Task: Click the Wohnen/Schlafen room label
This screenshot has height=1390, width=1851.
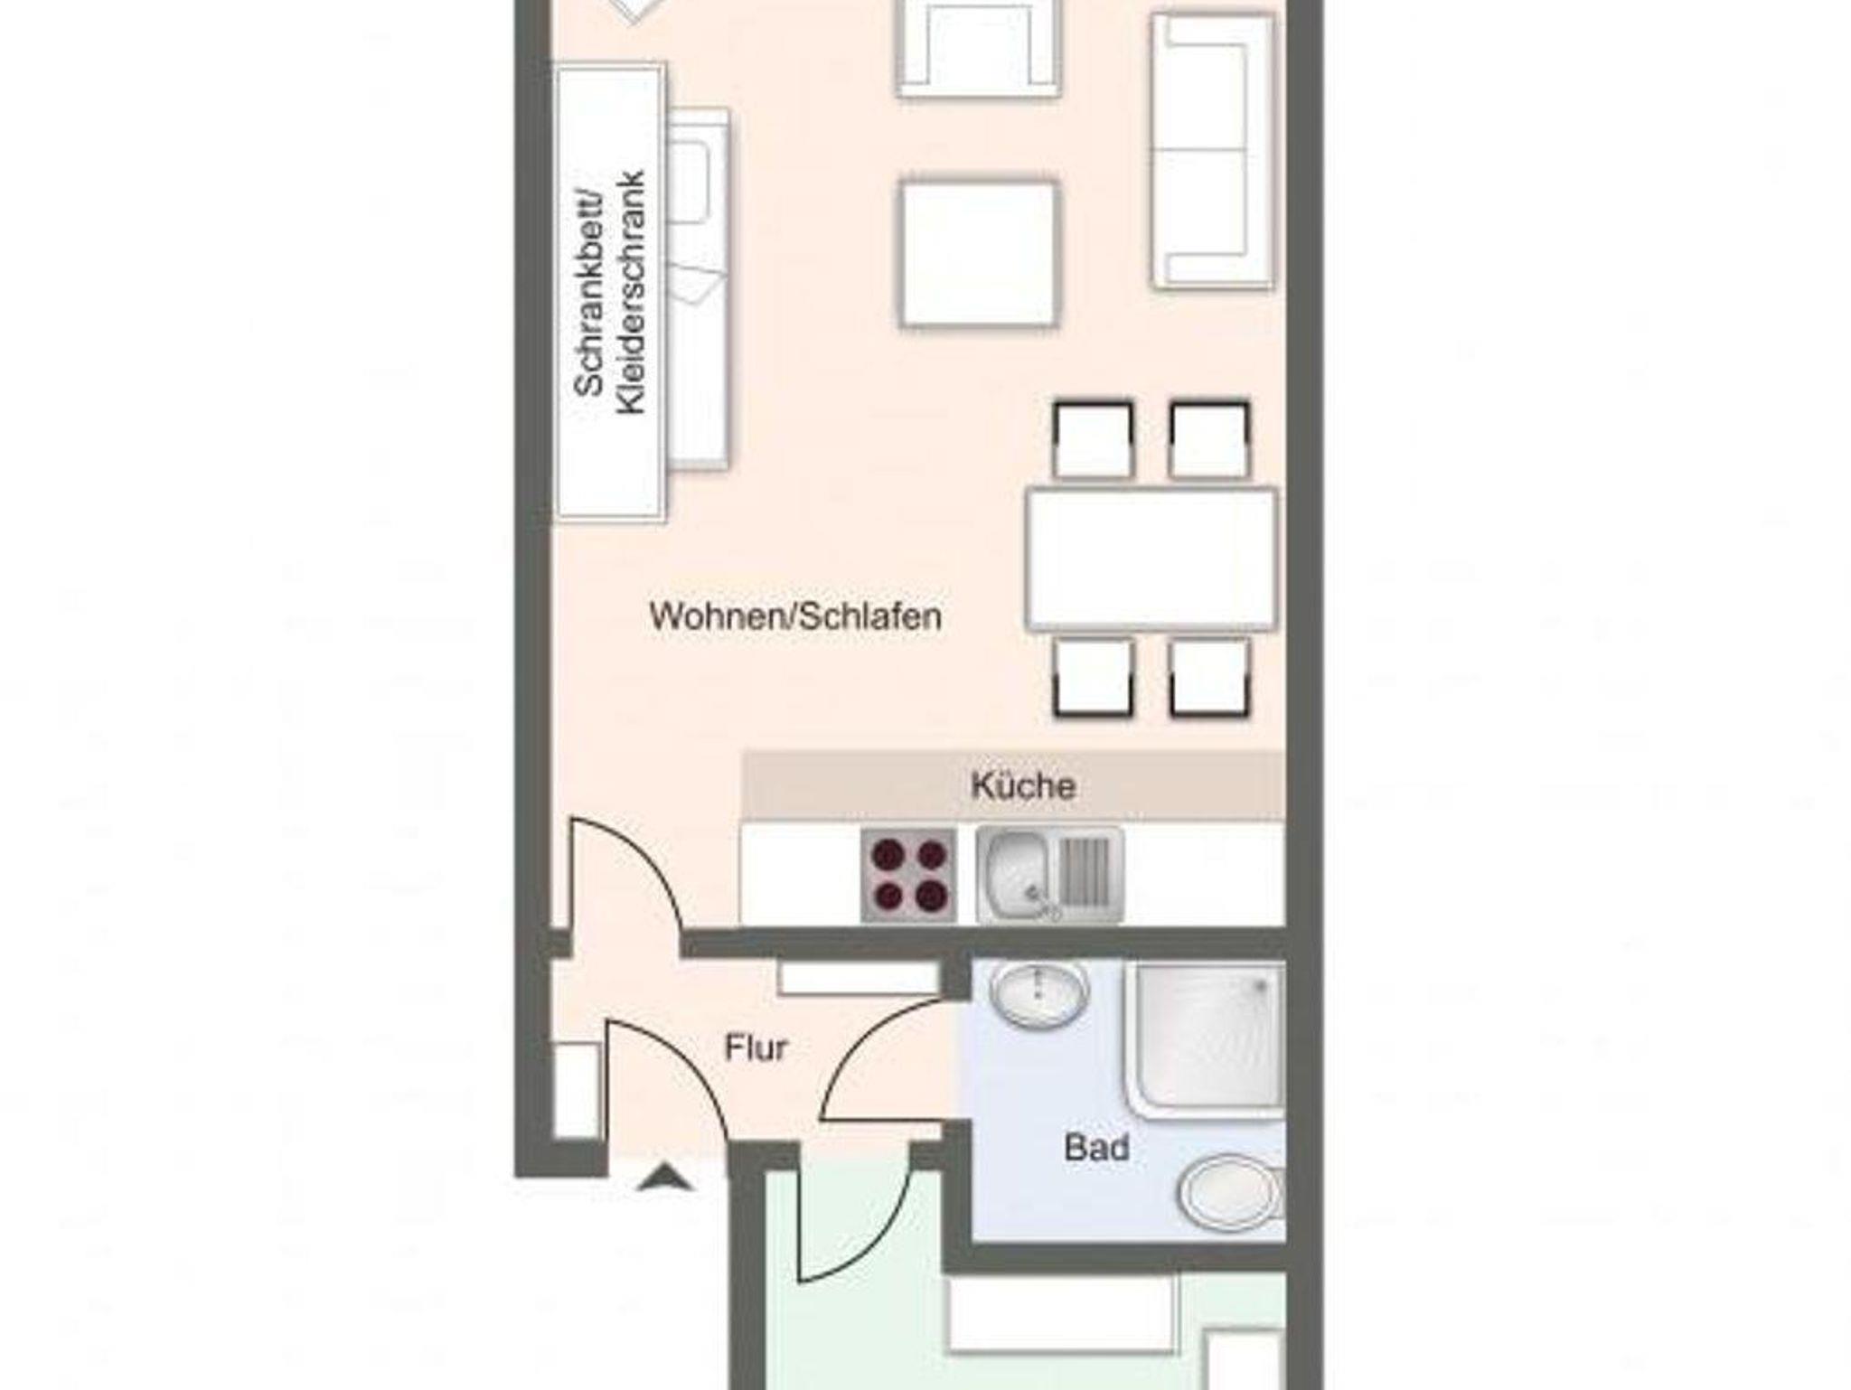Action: (795, 617)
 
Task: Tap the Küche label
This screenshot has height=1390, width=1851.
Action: (1023, 785)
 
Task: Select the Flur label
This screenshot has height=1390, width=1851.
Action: (756, 1048)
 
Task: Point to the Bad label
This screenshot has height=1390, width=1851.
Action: (1096, 1148)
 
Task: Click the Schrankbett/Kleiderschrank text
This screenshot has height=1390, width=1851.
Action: (611, 293)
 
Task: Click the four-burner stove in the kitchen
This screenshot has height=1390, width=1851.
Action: (908, 875)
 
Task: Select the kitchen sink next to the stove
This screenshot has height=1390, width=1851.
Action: (1049, 875)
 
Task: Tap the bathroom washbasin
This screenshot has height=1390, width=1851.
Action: (1038, 995)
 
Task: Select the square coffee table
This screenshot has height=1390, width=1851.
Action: (979, 253)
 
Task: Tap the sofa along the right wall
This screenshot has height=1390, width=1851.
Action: (1214, 152)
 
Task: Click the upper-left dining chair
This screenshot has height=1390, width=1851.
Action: (1093, 440)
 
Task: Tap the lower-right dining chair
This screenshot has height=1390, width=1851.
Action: (1209, 678)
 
